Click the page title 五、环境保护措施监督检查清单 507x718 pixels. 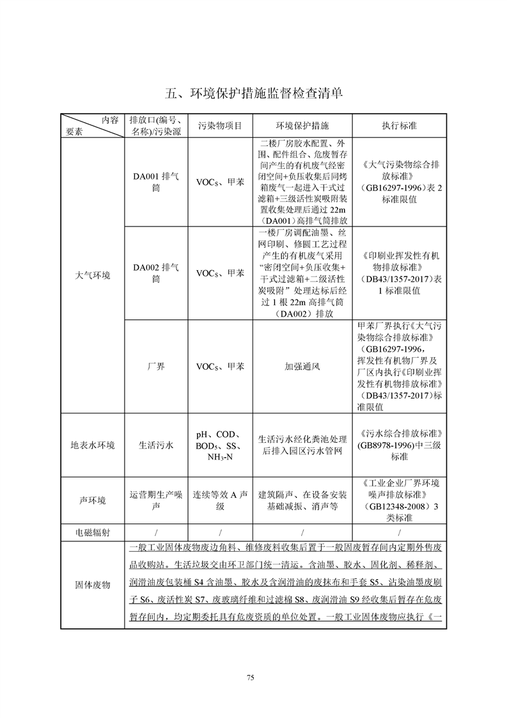click(x=254, y=93)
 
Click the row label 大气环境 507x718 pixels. click(x=92, y=276)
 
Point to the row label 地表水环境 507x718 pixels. click(x=92, y=445)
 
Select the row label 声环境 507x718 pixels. click(x=92, y=500)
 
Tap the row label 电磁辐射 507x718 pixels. click(x=92, y=532)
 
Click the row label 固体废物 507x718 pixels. click(x=92, y=585)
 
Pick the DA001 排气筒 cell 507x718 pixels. click(x=156, y=182)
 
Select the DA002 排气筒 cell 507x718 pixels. click(x=156, y=273)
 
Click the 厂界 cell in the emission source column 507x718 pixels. click(x=156, y=367)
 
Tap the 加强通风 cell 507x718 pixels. click(x=302, y=367)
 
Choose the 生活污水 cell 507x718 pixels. click(x=156, y=445)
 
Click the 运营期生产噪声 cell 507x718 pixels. click(x=156, y=500)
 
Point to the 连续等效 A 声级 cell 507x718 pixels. click(x=220, y=500)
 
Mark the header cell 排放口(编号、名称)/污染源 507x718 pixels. click(x=156, y=126)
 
